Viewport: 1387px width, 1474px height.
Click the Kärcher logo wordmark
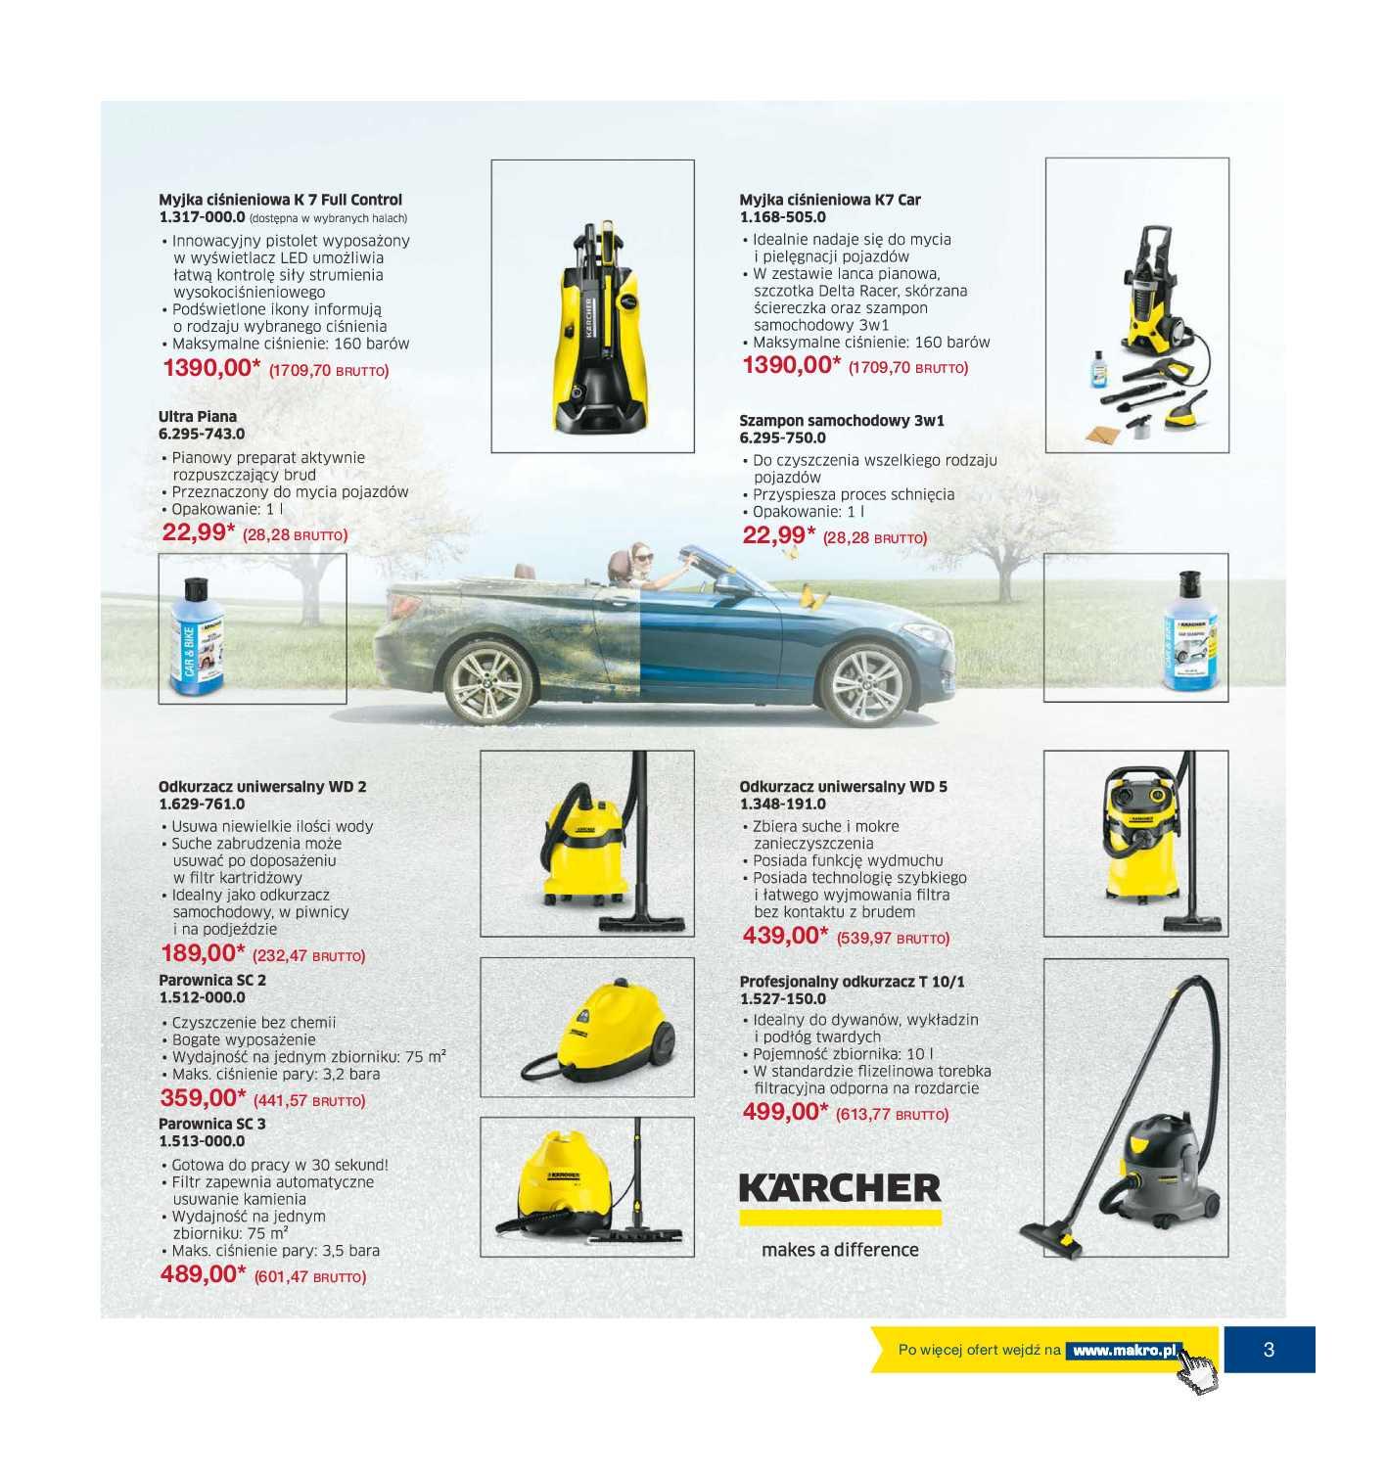click(x=839, y=1188)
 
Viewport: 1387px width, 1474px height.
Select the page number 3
click(x=1269, y=1350)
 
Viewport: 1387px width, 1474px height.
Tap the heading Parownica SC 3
click(x=212, y=1124)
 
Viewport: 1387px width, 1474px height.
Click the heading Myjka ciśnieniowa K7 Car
click(x=829, y=200)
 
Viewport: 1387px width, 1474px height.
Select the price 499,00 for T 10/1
click(x=785, y=1112)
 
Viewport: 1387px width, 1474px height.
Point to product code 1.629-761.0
click(x=202, y=804)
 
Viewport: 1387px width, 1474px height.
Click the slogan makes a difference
click(x=839, y=1250)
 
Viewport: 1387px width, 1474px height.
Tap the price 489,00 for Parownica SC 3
click(x=203, y=1274)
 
